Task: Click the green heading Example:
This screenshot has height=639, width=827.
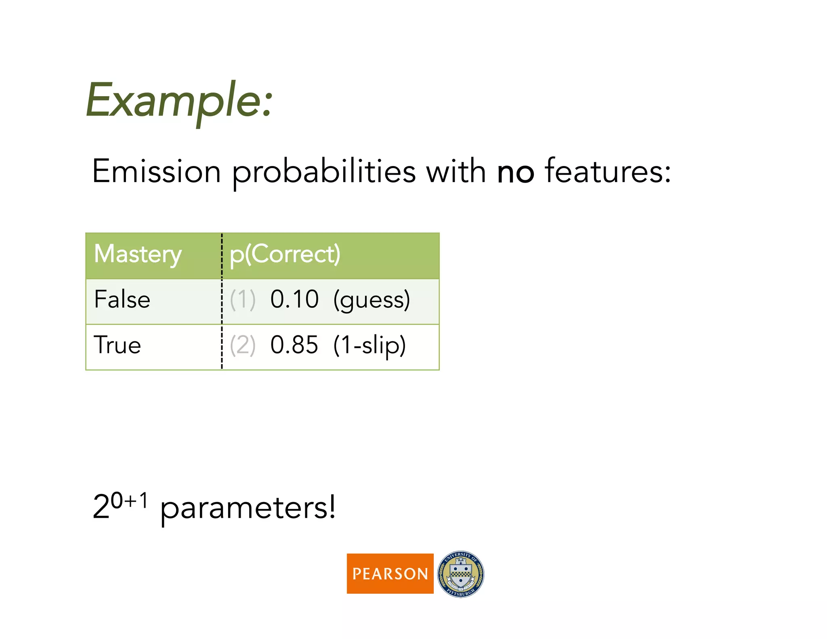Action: coord(179,101)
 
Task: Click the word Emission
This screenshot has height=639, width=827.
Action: coord(156,172)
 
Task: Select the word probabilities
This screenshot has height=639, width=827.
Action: coord(323,172)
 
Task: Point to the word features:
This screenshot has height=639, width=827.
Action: coord(608,172)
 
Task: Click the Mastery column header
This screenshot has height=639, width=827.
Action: coord(138,254)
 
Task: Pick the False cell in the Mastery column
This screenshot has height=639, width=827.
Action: coord(122,300)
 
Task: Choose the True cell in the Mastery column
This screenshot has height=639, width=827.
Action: coord(118,345)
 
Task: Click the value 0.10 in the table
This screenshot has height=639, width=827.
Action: coord(294,300)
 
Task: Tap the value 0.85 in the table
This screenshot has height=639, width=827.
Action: coord(294,345)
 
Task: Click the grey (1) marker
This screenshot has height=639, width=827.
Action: coord(243,300)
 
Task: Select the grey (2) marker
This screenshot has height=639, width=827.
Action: coord(243,345)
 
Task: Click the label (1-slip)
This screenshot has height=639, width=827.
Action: coord(369,346)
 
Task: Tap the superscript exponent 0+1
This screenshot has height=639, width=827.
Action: coord(129,501)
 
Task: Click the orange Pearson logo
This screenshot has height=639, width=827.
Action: coord(390,573)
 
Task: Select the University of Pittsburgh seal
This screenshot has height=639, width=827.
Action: coord(460,574)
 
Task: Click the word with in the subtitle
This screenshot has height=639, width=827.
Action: coord(456,172)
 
